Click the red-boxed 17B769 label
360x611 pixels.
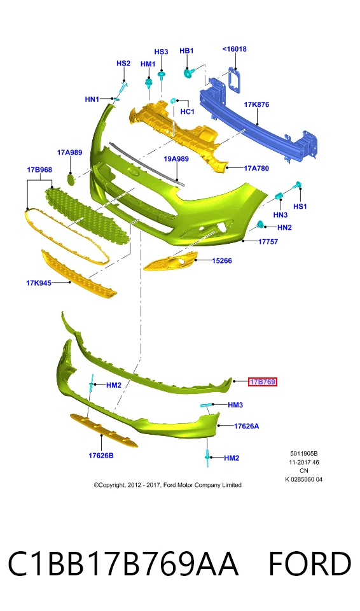[x=263, y=382]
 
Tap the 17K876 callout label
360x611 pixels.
[x=256, y=104]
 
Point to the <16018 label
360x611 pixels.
[x=234, y=49]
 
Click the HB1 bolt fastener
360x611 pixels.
[x=188, y=72]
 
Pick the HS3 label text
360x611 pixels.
[x=161, y=52]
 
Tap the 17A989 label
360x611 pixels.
[x=70, y=152]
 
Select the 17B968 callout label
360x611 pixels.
[x=39, y=170]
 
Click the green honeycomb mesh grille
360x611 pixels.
[x=87, y=216]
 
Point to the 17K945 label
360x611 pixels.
[x=39, y=283]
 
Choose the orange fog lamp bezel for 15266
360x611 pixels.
[x=170, y=262]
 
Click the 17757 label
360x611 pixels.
[x=268, y=242]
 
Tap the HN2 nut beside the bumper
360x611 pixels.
[x=260, y=225]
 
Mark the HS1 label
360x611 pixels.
[x=300, y=206]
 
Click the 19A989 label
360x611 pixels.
[x=176, y=159]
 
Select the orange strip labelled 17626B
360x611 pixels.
[x=104, y=431]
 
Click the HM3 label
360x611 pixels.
[x=235, y=405]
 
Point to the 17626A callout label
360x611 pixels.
[x=246, y=426]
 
